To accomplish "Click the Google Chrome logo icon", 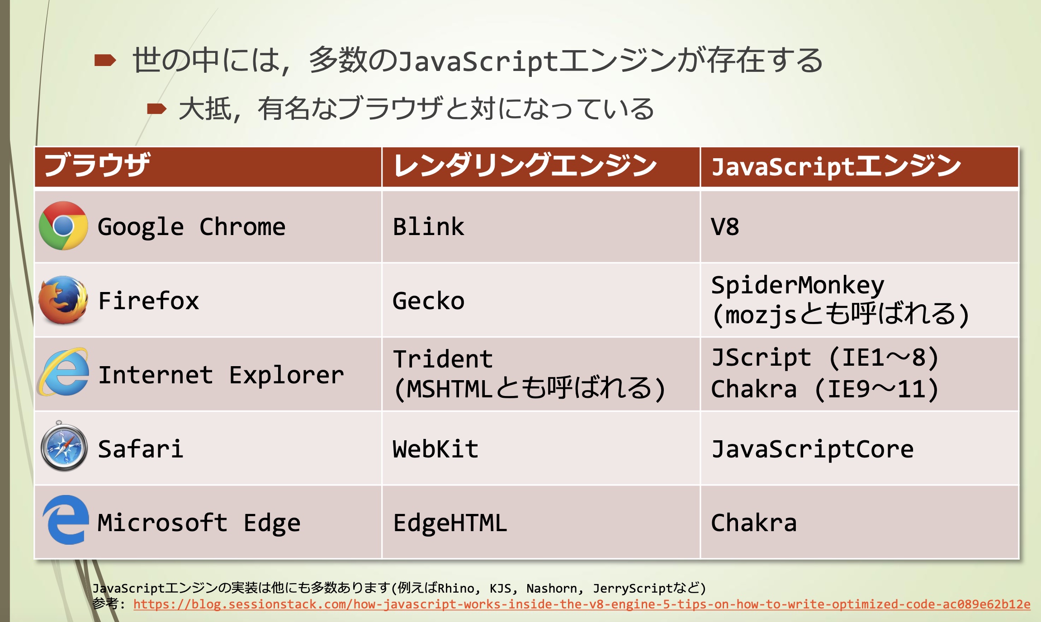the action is click(63, 226).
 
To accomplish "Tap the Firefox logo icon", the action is click(63, 300).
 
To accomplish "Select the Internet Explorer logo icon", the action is click(63, 372).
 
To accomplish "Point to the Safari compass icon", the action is click(64, 447).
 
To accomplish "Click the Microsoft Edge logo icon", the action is click(65, 520).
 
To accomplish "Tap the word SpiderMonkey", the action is click(797, 285).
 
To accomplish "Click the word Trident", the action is click(443, 359).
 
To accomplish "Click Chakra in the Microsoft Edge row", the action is click(754, 523).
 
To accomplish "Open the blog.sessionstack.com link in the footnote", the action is click(582, 604).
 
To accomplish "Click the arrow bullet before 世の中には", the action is click(105, 60).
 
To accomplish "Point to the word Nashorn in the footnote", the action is click(551, 588).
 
